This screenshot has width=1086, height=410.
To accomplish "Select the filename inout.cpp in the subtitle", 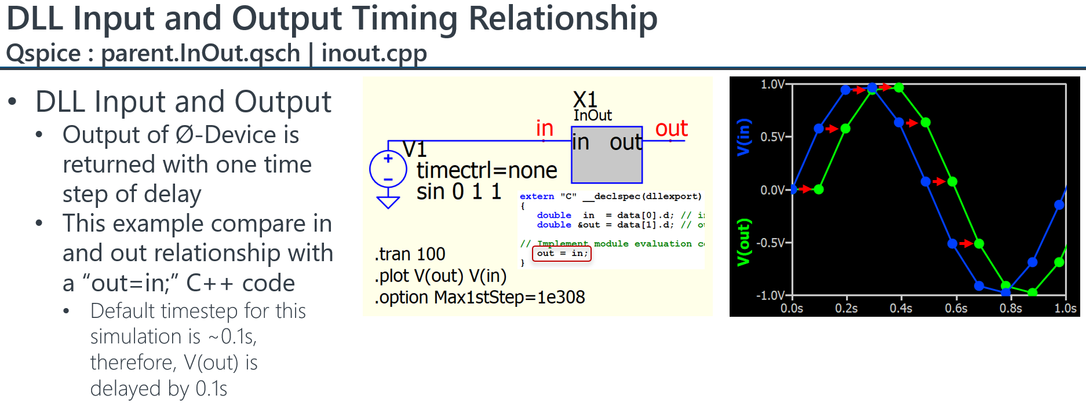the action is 374,54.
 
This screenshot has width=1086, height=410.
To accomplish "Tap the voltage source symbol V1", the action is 388,169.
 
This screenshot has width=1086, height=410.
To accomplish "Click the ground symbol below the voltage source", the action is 388,202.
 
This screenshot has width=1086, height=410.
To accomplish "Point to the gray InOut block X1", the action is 607,155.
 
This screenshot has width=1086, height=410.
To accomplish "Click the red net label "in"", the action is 544,128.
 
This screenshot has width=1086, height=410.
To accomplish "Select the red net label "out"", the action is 671,129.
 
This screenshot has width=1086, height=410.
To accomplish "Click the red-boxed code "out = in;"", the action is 562,253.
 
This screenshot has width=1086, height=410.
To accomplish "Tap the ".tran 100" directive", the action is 410,254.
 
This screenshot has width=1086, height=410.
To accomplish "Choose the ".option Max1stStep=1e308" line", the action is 479,297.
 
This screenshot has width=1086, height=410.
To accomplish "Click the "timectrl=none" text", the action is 487,170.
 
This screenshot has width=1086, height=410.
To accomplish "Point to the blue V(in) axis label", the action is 744,137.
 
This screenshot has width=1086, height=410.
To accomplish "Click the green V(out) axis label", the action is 744,243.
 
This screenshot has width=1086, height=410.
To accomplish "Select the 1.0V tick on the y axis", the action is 772,85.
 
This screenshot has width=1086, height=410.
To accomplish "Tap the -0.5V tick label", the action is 771,243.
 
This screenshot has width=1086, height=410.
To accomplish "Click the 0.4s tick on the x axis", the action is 901,308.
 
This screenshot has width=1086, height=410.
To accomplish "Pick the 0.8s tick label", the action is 1011,308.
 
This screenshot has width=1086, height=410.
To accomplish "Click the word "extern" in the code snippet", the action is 537,196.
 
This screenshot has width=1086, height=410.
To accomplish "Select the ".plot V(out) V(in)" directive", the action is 440,276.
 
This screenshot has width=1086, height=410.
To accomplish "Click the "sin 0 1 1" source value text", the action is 458,192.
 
